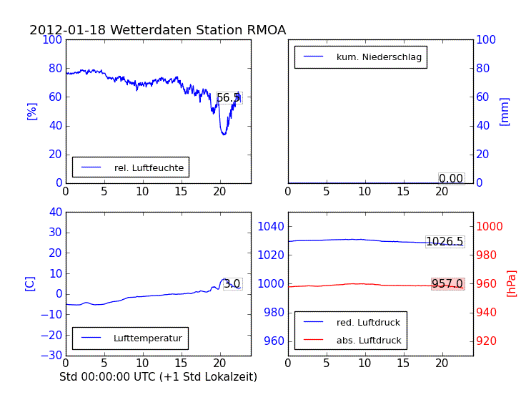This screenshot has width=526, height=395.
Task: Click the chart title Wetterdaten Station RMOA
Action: [157, 30]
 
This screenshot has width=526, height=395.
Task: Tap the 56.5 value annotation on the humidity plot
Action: [229, 97]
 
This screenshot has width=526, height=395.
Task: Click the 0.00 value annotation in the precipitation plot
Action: [451, 178]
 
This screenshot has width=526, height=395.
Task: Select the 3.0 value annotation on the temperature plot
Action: [232, 284]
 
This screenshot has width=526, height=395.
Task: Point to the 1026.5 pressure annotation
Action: [445, 242]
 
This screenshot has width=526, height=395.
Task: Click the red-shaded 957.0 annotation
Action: [447, 284]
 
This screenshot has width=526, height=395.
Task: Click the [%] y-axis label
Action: [31, 111]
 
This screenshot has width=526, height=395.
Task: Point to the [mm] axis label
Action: [505, 111]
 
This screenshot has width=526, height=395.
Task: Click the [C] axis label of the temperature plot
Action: [30, 283]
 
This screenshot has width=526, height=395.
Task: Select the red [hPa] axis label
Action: [512, 283]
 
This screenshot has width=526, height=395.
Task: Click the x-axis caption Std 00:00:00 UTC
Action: [158, 376]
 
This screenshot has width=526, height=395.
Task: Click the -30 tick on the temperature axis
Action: [50, 356]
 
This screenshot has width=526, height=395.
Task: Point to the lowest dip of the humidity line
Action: [224, 134]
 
